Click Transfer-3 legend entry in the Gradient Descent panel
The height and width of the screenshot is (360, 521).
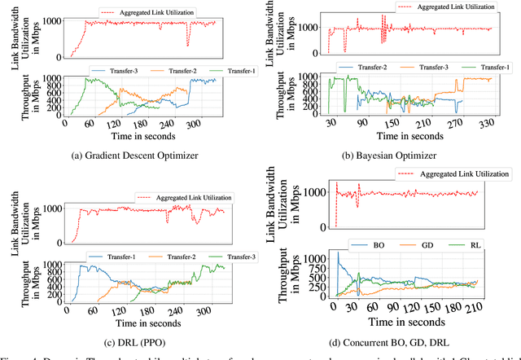pyautogui.click(x=116, y=71)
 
